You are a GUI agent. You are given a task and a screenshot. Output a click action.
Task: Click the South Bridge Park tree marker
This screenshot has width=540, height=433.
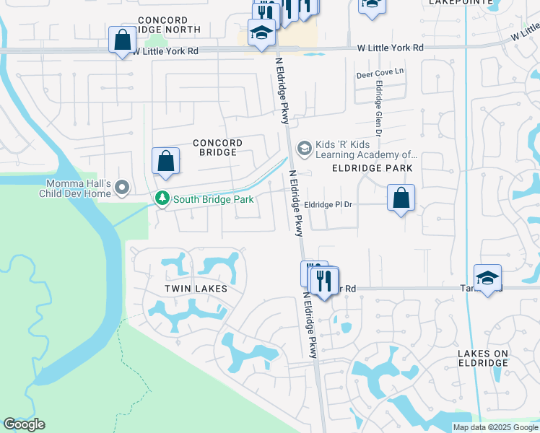163,198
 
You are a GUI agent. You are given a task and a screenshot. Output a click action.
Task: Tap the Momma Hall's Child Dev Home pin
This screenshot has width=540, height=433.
122,188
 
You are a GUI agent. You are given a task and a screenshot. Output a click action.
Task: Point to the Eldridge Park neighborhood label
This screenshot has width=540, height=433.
372,168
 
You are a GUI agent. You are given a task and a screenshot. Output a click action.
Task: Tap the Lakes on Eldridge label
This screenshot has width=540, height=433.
483,358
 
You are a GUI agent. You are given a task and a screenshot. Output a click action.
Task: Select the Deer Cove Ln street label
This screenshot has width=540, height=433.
380,74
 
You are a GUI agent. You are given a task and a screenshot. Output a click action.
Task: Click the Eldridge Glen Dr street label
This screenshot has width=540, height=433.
377,106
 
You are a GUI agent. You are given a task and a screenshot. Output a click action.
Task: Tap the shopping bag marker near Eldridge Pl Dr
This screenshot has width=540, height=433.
401,197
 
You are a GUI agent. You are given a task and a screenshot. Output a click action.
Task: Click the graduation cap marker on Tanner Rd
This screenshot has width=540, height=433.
487,278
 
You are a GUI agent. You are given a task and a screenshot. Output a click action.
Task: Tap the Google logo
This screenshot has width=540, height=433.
24,424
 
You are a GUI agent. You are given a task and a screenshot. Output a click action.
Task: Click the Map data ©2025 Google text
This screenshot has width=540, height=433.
495,427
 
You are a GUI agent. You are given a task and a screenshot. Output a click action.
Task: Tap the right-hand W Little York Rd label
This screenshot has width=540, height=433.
390,47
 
